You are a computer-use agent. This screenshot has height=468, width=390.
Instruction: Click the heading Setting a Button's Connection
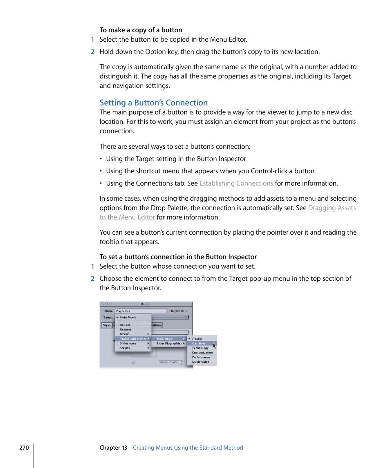153,103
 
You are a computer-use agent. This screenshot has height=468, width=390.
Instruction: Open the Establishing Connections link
236,183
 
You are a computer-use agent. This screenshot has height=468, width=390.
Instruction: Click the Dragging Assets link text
332,208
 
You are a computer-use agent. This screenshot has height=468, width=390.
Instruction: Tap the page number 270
24,448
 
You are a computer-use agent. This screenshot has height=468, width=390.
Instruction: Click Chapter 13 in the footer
113,448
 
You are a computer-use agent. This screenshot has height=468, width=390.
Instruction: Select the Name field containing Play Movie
140,311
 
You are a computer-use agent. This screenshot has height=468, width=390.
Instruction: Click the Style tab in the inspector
106,325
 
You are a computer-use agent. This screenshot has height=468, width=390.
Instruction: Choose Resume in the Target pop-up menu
126,329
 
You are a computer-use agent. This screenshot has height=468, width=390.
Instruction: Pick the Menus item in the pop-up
125,334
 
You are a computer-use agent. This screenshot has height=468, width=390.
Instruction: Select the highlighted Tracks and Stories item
133,339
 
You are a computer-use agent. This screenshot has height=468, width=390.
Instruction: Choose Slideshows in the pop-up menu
128,343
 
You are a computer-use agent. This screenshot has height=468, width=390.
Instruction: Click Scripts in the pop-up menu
125,348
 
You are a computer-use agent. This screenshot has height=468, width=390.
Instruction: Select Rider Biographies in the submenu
169,343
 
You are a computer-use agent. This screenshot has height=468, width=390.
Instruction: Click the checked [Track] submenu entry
197,339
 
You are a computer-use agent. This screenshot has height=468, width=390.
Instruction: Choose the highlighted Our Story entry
199,343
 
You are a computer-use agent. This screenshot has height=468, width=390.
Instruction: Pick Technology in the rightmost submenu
200,348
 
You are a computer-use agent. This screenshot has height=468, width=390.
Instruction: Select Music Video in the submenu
200,362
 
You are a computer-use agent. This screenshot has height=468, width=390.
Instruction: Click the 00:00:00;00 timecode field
168,363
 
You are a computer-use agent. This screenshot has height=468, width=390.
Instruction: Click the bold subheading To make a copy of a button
141,30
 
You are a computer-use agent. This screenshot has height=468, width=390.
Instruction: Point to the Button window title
146,304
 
